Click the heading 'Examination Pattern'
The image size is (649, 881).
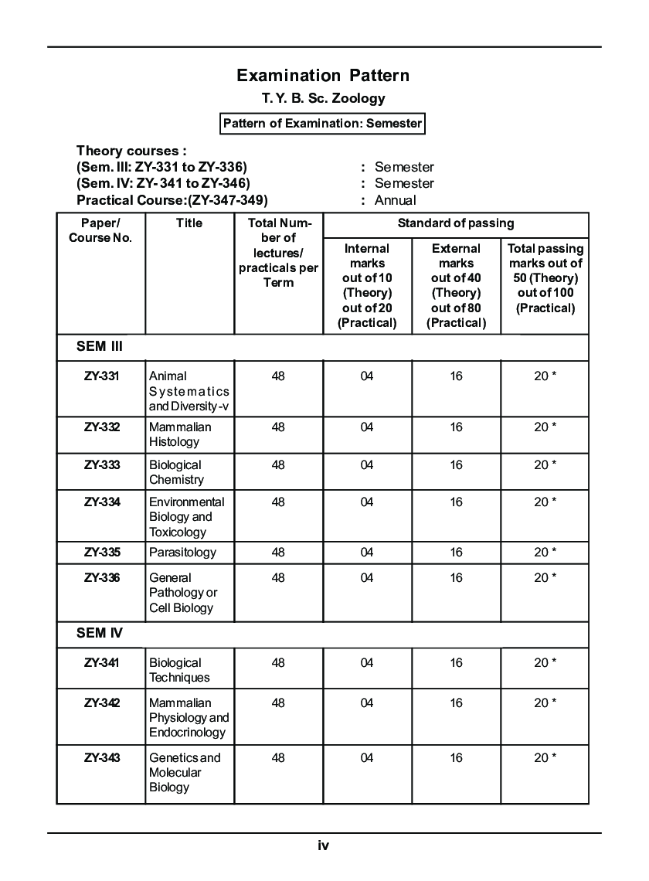coord(323,75)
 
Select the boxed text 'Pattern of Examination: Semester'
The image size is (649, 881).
coord(322,124)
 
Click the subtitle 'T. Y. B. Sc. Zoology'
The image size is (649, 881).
coord(323,98)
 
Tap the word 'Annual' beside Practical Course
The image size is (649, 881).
coord(395,200)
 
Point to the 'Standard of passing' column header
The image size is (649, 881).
coord(456,223)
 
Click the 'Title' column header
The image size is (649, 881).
coord(189,223)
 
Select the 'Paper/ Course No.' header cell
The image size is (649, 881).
coord(100,230)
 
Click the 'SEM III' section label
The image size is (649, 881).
coord(100,347)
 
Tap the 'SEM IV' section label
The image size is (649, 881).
coord(100,633)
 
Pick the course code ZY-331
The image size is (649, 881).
coord(102,376)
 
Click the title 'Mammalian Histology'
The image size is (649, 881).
coord(179,434)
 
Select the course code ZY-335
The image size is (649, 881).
coord(102,553)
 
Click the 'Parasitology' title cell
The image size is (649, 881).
coord(182,553)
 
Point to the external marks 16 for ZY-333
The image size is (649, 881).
coord(456,465)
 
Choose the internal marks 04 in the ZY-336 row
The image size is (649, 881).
coord(367,578)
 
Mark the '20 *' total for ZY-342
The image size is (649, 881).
coord(545,703)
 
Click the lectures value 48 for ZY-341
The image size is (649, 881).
coord(278,663)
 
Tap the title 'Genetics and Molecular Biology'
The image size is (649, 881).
coord(184,772)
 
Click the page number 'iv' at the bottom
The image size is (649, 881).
coord(324,845)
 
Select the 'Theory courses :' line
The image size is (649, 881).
coord(131,151)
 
